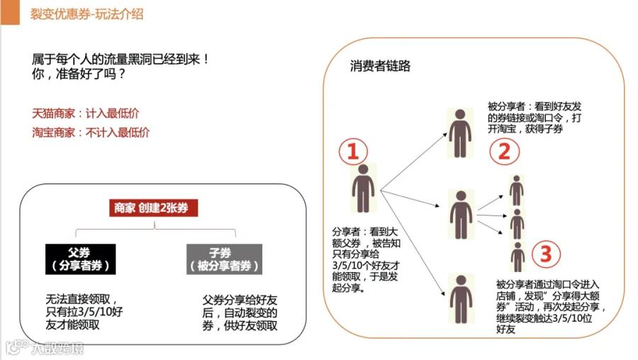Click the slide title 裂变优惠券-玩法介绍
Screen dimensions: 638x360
(x=86, y=14)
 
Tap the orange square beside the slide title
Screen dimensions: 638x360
(x=10, y=12)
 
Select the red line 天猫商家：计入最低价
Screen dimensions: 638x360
(x=86, y=113)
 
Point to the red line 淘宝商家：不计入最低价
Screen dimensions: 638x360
(x=91, y=133)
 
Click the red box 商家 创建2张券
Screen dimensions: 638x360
(x=153, y=208)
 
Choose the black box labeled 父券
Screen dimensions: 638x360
(x=81, y=259)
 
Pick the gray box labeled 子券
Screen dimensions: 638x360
(x=224, y=259)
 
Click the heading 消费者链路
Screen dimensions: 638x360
(x=380, y=66)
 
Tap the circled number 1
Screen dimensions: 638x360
(x=353, y=152)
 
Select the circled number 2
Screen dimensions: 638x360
(x=505, y=152)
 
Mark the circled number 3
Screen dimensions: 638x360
(x=546, y=254)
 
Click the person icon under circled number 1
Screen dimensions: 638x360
(x=364, y=188)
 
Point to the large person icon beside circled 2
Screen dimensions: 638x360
(x=460, y=133)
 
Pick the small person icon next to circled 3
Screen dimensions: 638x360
(x=517, y=257)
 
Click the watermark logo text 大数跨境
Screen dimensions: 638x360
(x=57, y=348)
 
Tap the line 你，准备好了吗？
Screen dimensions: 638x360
(x=79, y=74)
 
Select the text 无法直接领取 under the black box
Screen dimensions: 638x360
(x=78, y=299)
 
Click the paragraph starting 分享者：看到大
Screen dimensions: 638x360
(x=366, y=259)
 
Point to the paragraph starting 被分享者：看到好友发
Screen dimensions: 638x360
(x=535, y=118)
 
